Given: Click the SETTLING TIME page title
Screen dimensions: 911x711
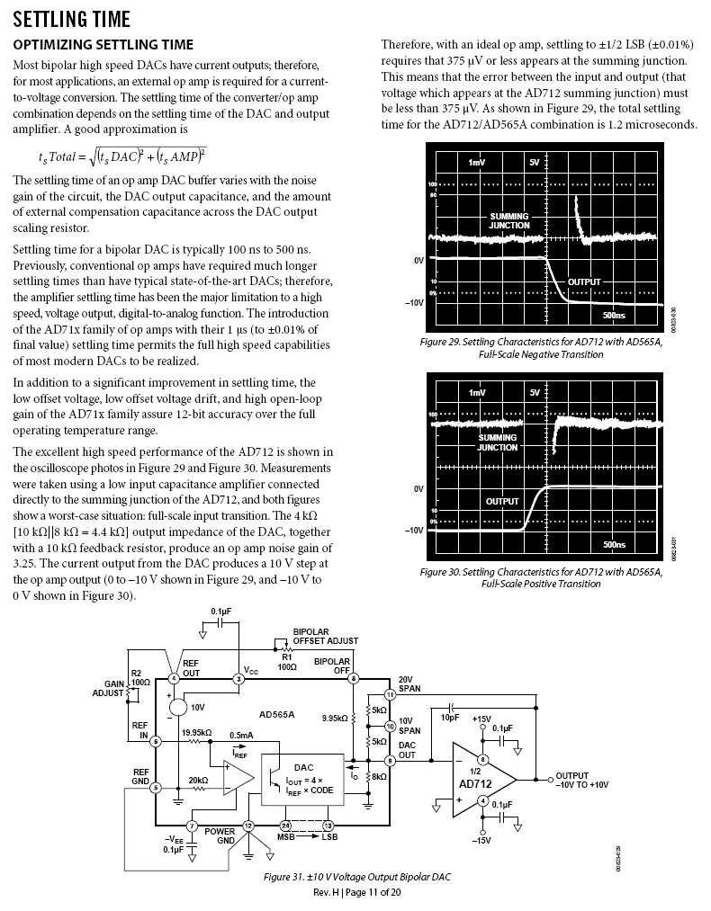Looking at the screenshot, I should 72,19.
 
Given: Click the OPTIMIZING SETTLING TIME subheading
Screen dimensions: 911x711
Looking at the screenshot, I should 103,44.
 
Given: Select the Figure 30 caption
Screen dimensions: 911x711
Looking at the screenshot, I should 541,577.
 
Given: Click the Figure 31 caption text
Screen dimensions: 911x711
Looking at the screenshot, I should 357,876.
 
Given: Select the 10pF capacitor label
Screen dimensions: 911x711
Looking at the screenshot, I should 450,718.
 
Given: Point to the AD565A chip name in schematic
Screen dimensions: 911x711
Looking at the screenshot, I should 276,715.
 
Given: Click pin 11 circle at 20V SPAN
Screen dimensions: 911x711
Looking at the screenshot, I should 390,695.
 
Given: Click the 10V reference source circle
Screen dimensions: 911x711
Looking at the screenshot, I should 178,708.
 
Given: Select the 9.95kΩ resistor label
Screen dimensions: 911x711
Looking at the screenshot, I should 335,718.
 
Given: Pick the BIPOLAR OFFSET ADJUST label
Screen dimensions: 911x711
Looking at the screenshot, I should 325,637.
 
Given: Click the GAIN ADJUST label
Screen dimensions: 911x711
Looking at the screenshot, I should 108,688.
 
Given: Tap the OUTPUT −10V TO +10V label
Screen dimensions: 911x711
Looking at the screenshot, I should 581,780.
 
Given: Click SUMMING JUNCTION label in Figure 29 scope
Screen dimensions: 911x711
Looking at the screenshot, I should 509,220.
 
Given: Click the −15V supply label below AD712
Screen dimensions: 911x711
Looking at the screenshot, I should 481,840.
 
